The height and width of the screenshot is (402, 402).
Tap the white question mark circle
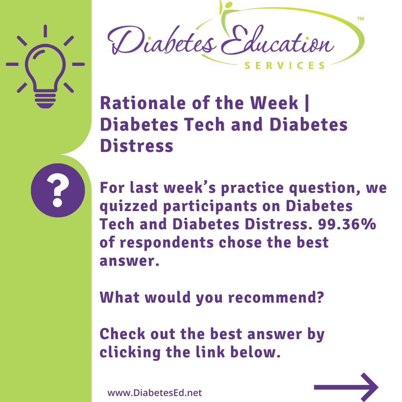[58, 190]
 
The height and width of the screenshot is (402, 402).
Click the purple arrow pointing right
[346, 387]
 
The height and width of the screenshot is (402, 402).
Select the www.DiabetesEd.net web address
[154, 393]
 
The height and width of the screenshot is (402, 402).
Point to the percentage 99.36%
[347, 224]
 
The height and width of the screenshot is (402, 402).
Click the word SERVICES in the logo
[285, 66]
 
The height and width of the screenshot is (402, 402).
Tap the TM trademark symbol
[360, 19]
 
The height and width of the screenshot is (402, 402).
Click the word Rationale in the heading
[143, 103]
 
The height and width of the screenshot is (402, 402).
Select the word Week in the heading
[274, 103]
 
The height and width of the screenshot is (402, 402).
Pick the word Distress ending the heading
[137, 146]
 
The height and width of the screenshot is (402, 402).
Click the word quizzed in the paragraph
[128, 207]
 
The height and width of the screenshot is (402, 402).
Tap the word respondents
[167, 243]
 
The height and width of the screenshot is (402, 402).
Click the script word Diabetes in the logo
[162, 40]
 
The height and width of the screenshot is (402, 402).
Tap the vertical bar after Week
[307, 103]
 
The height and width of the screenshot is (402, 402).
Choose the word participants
[210, 207]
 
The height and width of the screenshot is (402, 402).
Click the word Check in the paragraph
[122, 334]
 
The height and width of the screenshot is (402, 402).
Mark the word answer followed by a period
[130, 261]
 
